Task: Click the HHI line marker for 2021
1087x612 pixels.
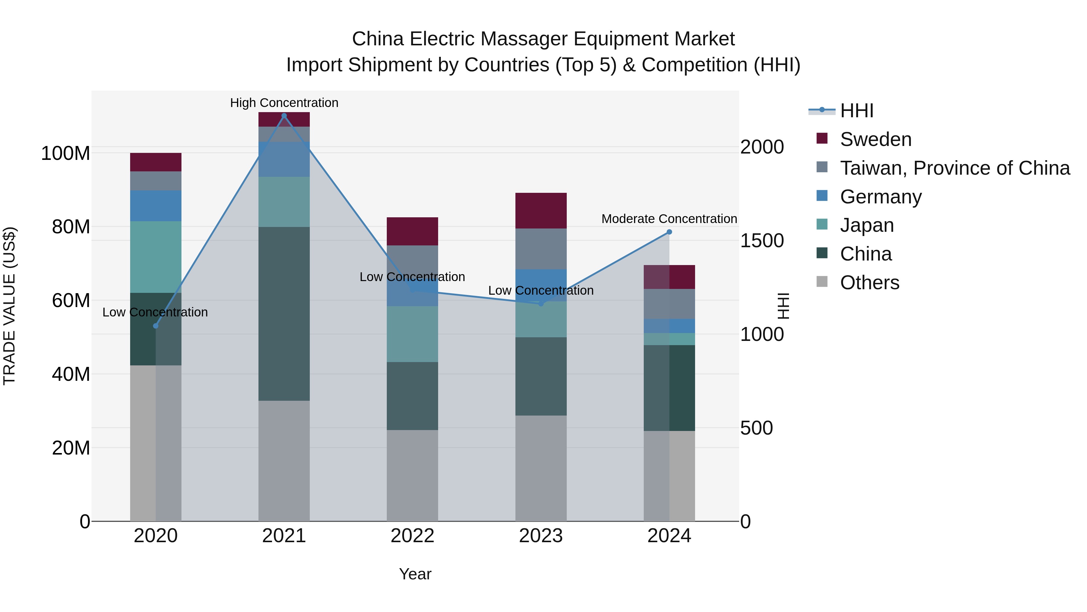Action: click(x=284, y=116)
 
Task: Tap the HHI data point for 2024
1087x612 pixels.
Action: click(x=669, y=232)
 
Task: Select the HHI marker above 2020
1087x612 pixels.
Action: click(x=156, y=326)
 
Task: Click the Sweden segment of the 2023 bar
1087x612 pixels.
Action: click(x=541, y=211)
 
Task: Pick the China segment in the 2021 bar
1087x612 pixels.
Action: click(x=284, y=314)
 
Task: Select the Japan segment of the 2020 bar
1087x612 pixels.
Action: click(x=156, y=257)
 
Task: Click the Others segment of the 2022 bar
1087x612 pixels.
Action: click(x=412, y=476)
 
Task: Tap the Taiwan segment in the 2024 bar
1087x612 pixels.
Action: click(x=669, y=304)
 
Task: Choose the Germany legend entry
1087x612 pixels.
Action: click(x=881, y=197)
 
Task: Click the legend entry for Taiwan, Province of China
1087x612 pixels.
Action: click(x=954, y=168)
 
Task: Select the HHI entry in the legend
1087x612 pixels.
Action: click(x=857, y=111)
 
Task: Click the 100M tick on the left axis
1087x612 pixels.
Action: click(x=66, y=153)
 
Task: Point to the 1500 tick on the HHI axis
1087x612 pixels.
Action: click(x=762, y=241)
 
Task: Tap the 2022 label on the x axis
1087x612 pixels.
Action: click(x=412, y=536)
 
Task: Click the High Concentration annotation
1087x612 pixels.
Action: click(x=284, y=103)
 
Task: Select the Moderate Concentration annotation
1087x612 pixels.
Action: click(x=669, y=219)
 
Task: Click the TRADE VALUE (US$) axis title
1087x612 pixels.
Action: click(x=9, y=306)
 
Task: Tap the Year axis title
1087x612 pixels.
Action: click(x=415, y=574)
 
